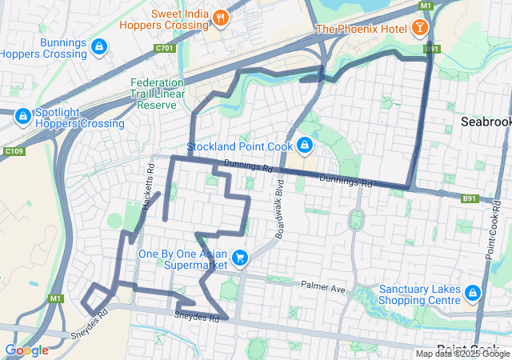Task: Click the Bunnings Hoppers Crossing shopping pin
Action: pyautogui.click(x=98, y=46)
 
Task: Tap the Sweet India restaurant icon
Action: pyautogui.click(x=221, y=17)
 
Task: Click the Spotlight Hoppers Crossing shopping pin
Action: pyautogui.click(x=22, y=117)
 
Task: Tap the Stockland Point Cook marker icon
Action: pyautogui.click(x=304, y=146)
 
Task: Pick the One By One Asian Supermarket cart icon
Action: pyautogui.click(x=239, y=258)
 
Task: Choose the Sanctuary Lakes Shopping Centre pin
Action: pyautogui.click(x=472, y=294)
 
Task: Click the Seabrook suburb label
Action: pyautogui.click(x=486, y=122)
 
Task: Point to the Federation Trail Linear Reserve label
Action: pyautogui.click(x=157, y=94)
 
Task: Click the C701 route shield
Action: pyautogui.click(x=166, y=48)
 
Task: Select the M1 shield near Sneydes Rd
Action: pyautogui.click(x=55, y=298)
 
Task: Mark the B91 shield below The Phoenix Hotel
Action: pyautogui.click(x=432, y=49)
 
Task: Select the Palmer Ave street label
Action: pyautogui.click(x=322, y=285)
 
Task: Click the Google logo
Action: pyautogui.click(x=26, y=350)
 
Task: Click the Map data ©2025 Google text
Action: pyautogui.click(x=462, y=354)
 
